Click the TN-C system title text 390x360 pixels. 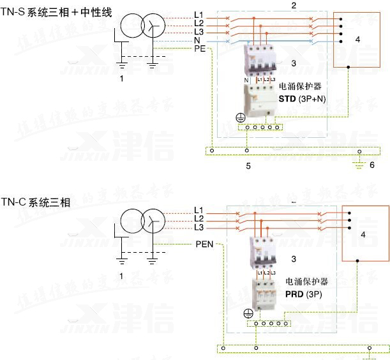[x=36, y=202]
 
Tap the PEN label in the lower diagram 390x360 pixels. [x=205, y=244]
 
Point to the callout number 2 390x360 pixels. [x=293, y=5]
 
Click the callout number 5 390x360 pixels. [x=248, y=165]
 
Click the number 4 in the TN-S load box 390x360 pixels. [x=357, y=40]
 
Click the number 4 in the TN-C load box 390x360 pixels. [x=363, y=235]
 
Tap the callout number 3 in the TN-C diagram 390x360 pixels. [x=293, y=259]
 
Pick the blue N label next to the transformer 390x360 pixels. [x=197, y=40]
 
